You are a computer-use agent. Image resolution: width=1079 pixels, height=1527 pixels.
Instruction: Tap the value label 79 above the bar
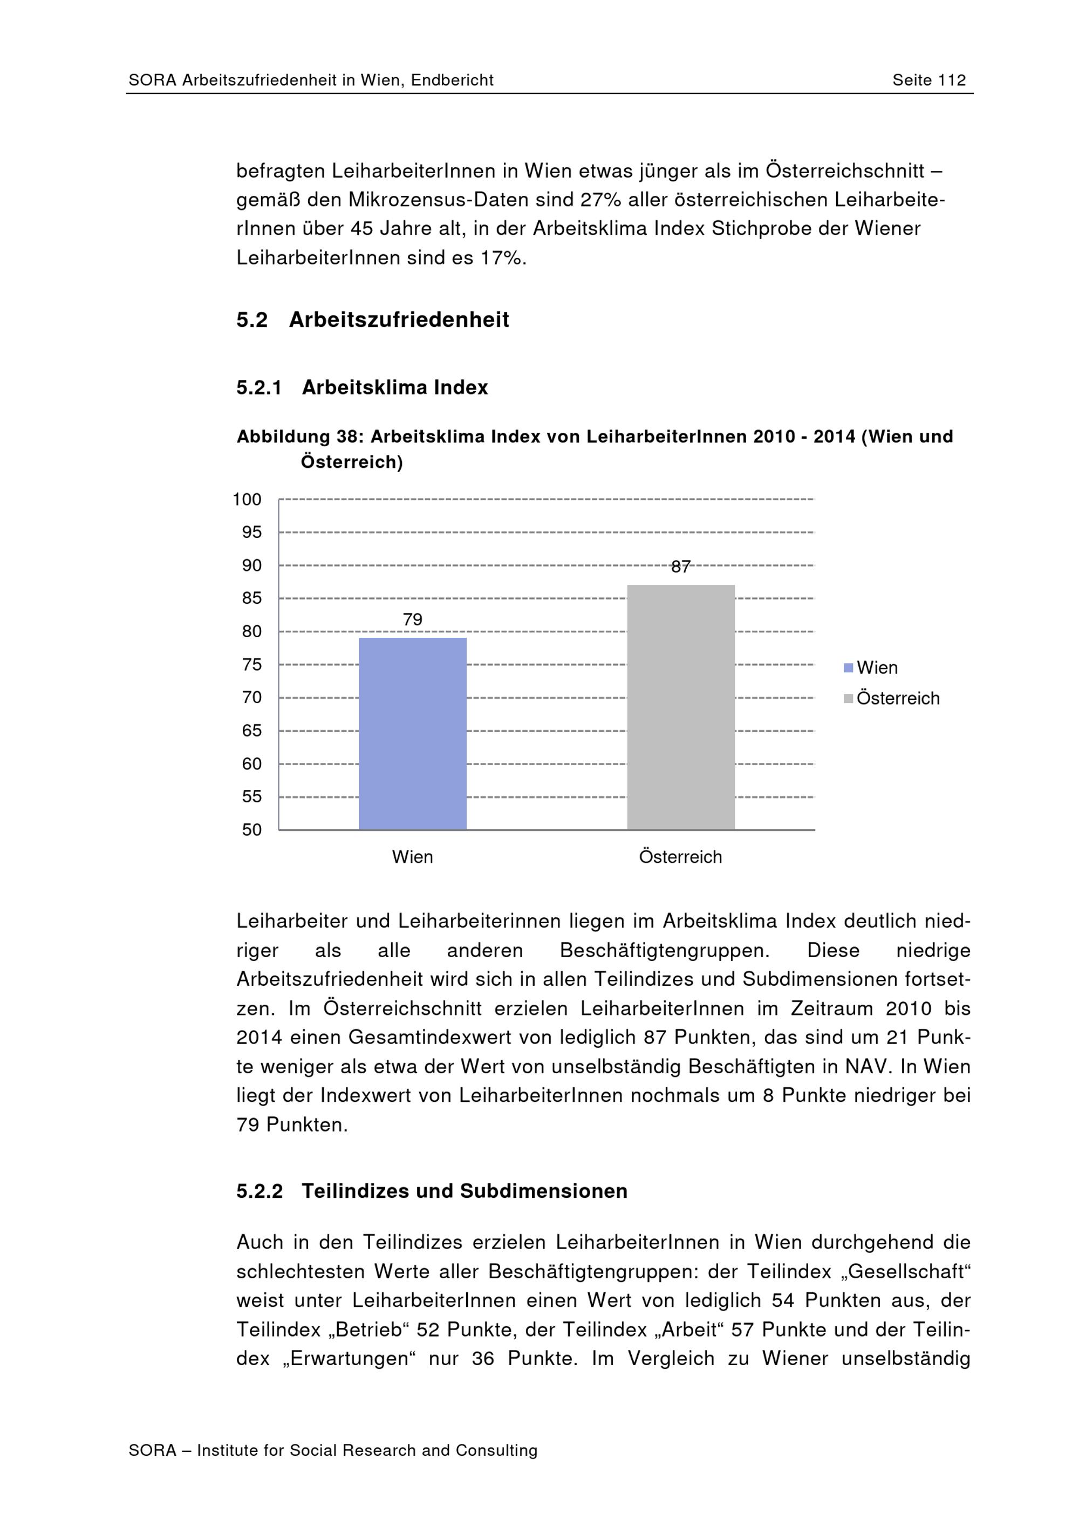(412, 619)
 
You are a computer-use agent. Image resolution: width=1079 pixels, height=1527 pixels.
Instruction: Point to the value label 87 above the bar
(680, 567)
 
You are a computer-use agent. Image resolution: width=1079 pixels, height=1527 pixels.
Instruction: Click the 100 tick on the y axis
(247, 500)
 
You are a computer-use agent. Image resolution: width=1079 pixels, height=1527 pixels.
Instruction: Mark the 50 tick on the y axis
(251, 829)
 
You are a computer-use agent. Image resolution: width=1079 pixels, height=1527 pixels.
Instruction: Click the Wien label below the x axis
(412, 857)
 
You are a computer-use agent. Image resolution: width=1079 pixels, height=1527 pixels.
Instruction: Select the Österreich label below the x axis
(680, 857)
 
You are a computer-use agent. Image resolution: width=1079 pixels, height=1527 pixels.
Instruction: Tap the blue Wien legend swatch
(848, 668)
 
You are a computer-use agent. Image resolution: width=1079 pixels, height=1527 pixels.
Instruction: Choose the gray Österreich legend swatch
(848, 698)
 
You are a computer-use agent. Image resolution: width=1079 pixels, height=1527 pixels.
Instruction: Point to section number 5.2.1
(259, 388)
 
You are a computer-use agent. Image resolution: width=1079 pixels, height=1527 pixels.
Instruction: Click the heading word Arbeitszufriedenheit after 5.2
(399, 320)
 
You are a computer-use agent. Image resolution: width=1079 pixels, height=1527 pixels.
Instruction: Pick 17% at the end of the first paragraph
(501, 257)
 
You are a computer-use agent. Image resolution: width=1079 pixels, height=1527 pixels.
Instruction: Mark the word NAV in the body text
(867, 1066)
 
